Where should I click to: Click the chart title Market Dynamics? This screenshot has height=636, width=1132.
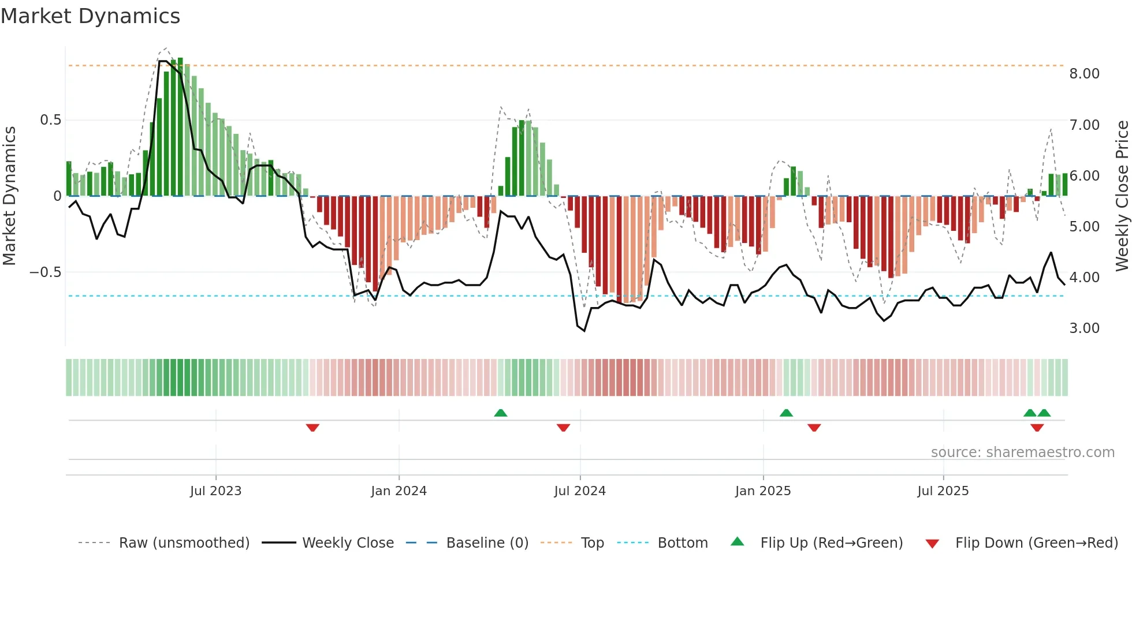(90, 16)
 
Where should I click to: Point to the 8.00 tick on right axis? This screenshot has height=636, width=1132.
(1084, 74)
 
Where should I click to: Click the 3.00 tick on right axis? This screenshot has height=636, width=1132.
(1084, 328)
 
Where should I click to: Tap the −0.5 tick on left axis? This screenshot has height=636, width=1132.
(45, 272)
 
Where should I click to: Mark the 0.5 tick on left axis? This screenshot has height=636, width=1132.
(50, 120)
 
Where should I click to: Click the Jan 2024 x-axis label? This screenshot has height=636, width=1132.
(399, 491)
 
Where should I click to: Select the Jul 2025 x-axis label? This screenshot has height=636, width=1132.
(943, 491)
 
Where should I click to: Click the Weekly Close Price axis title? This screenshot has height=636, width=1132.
(1122, 196)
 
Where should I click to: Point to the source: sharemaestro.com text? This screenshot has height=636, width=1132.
(1022, 452)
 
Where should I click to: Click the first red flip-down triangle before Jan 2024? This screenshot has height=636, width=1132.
(312, 428)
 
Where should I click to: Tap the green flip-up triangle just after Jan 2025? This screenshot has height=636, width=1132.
(786, 413)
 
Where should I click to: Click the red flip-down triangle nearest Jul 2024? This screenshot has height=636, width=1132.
(563, 428)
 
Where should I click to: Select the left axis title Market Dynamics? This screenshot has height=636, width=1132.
(9, 196)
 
